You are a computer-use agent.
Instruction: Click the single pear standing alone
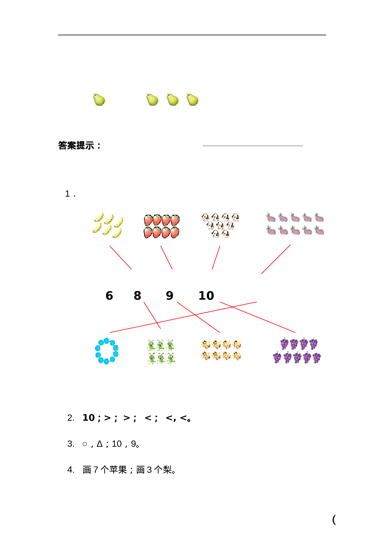[98, 99]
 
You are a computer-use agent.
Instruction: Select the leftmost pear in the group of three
[151, 99]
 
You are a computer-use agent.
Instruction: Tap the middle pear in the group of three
[172, 99]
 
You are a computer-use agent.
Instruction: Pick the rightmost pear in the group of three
[191, 99]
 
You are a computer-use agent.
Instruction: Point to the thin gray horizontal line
[252, 146]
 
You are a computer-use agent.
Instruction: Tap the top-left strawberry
[148, 220]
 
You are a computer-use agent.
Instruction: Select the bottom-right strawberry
[175, 232]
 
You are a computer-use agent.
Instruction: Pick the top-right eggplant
[319, 218]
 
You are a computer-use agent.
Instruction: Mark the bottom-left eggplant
[271, 230]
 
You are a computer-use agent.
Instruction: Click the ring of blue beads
[107, 351]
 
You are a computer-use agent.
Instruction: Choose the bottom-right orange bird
[237, 356]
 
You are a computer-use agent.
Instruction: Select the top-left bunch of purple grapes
[284, 344]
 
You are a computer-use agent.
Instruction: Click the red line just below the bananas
[120, 258]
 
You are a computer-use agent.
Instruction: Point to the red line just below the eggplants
[276, 259]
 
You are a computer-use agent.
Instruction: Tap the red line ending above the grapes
[258, 317]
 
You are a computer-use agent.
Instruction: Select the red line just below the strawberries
[166, 258]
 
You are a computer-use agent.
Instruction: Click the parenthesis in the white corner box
[334, 519]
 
